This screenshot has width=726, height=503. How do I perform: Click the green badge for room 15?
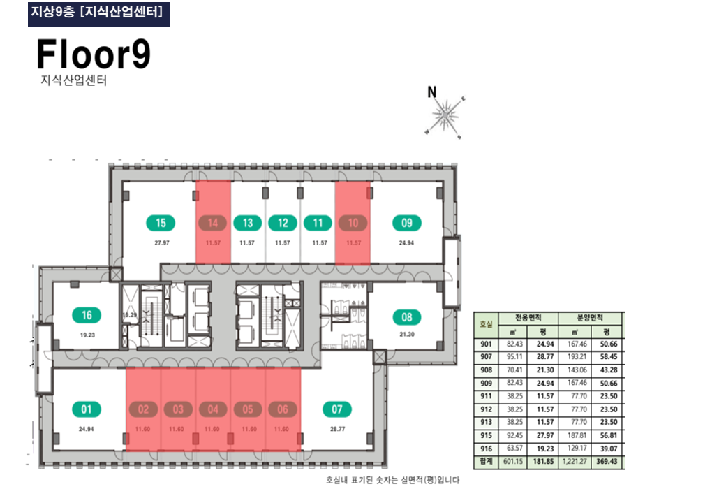161,224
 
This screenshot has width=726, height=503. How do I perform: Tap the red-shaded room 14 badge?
213,224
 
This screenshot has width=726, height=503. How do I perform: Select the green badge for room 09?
407,224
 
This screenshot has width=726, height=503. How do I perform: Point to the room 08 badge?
407,318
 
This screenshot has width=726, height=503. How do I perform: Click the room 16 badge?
87,315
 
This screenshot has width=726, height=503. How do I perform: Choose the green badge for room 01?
87,409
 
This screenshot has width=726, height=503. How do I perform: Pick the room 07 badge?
337,409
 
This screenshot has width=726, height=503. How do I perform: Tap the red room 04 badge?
213,409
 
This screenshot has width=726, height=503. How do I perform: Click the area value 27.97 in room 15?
161,243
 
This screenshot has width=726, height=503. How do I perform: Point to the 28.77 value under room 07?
337,428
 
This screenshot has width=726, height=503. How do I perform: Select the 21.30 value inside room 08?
407,335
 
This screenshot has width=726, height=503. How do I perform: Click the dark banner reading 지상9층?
98,13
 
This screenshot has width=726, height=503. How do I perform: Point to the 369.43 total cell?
606,462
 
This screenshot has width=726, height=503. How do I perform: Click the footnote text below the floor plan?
392,481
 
